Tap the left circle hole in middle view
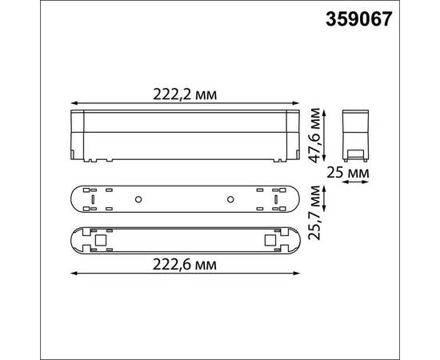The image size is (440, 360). (138, 198)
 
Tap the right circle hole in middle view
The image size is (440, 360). (230, 198)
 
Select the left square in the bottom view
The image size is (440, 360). (101, 238)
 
